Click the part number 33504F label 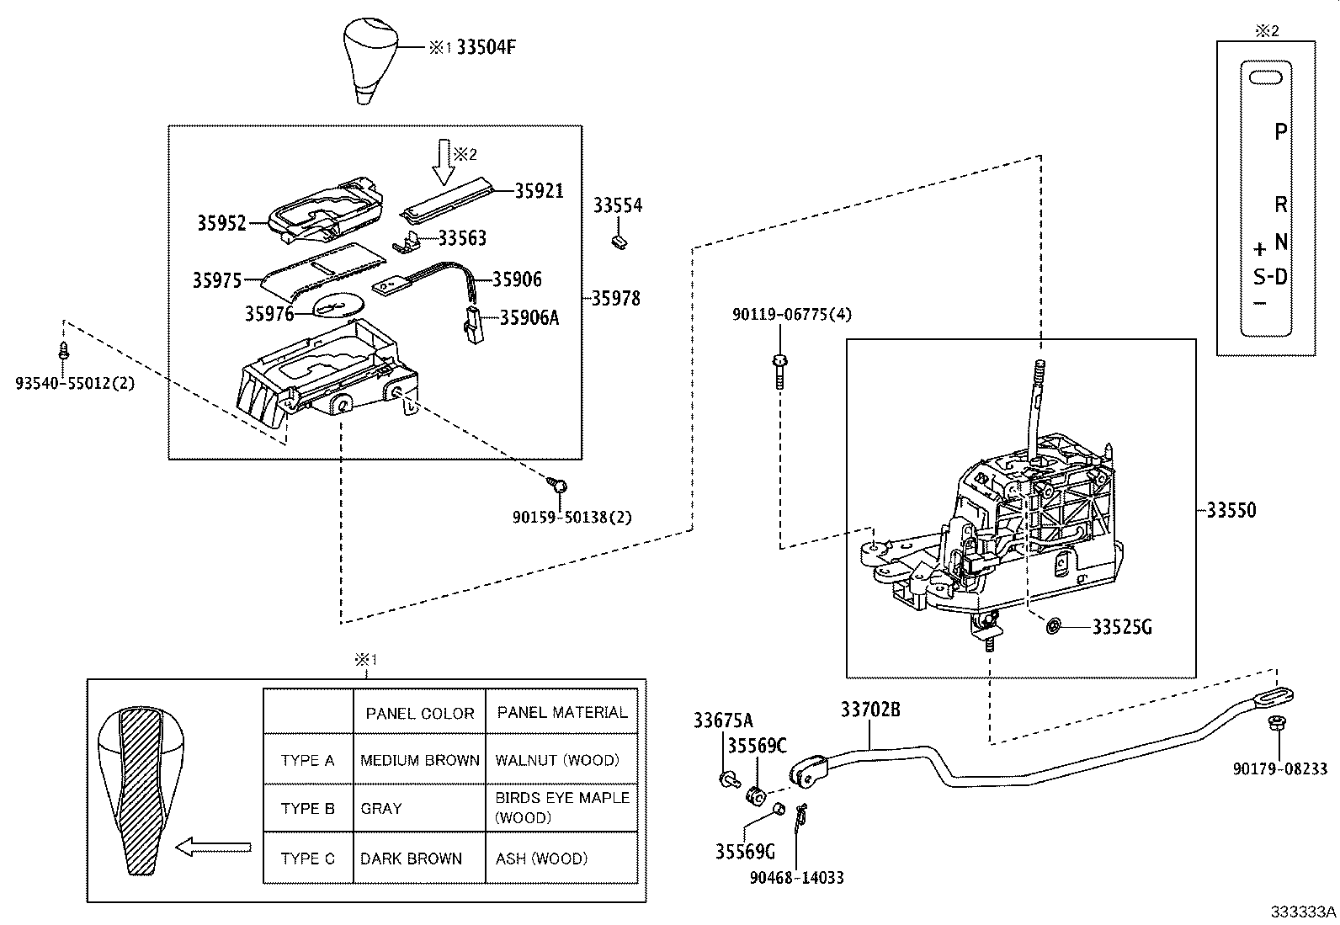(x=486, y=48)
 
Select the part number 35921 (x=539, y=191)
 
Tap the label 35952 (x=221, y=223)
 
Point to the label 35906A (x=529, y=317)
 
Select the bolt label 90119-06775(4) (x=791, y=315)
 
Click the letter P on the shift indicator (x=1280, y=131)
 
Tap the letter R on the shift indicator (x=1280, y=205)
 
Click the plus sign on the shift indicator (x=1259, y=249)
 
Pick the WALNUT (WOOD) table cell (x=556, y=760)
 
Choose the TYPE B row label (x=307, y=809)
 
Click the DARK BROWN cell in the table (x=411, y=859)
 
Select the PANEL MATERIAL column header (x=561, y=713)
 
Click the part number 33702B (x=869, y=710)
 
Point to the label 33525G (x=1121, y=627)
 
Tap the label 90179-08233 (x=1279, y=768)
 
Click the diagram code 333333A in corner (x=1303, y=912)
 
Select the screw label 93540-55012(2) (x=75, y=384)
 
